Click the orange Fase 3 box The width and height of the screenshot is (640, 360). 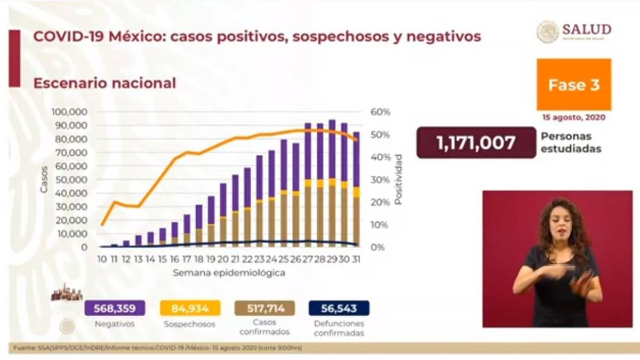tap(574, 85)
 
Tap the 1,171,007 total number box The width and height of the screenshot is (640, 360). tap(476, 142)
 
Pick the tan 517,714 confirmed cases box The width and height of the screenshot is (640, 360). tap(265, 308)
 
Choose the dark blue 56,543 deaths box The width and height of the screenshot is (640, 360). tap(339, 308)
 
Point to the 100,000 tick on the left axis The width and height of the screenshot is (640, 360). tap(69, 112)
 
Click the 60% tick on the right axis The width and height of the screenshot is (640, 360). tap(381, 112)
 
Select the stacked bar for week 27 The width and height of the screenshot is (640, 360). tap(308, 185)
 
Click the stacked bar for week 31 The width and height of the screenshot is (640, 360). tap(356, 189)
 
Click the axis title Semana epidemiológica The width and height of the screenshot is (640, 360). tap(228, 273)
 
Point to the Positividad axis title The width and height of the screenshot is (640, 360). tap(398, 180)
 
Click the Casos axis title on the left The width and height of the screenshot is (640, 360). tap(44, 180)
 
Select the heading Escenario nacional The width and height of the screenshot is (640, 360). tap(105, 83)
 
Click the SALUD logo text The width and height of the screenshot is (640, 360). tap(586, 29)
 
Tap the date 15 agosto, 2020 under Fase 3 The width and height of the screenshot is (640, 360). tap(574, 117)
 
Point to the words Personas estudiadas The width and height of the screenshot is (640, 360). tap(571, 143)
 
